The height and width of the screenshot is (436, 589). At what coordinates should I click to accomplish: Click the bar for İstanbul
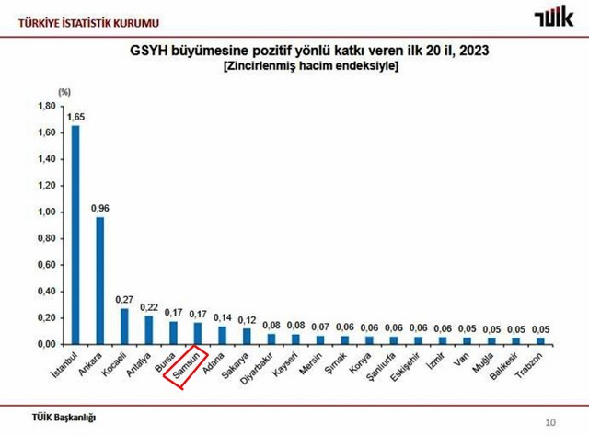pos(75,235)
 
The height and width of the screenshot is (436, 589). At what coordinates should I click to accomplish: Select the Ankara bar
pos(99,280)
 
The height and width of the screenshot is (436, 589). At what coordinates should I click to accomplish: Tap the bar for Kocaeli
pos(124,326)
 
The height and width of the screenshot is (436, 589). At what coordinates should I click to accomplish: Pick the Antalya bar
pos(148,329)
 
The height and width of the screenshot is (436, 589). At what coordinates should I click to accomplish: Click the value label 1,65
pos(75,118)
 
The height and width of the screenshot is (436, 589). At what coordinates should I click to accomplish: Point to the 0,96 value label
pos(99,209)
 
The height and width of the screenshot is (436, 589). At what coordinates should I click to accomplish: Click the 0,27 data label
pos(124,300)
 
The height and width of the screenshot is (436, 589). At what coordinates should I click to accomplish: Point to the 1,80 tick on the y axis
pos(46,106)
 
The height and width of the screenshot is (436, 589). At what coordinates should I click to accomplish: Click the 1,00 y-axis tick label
pos(46,212)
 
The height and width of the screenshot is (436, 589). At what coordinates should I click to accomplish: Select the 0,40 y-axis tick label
pos(46,292)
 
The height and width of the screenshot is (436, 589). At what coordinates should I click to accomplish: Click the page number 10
pos(550,422)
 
